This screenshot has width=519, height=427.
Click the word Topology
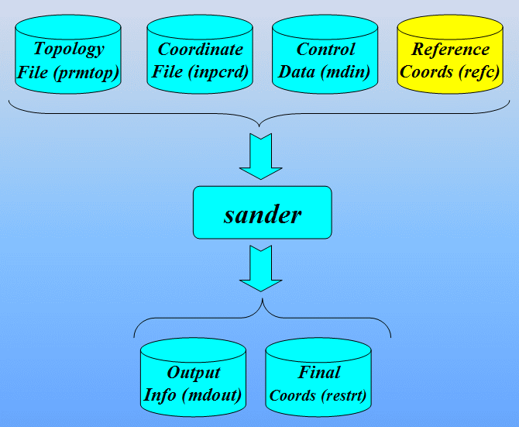pyautogui.click(x=69, y=50)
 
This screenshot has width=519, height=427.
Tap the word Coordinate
pyautogui.click(x=201, y=50)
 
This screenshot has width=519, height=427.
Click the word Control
pyautogui.click(x=326, y=50)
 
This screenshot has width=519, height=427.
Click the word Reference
pyautogui.click(x=451, y=50)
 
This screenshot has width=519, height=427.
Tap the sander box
pyautogui.click(x=262, y=212)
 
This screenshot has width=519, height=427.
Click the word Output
pyautogui.click(x=194, y=373)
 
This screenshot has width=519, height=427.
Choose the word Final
pyautogui.click(x=319, y=373)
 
